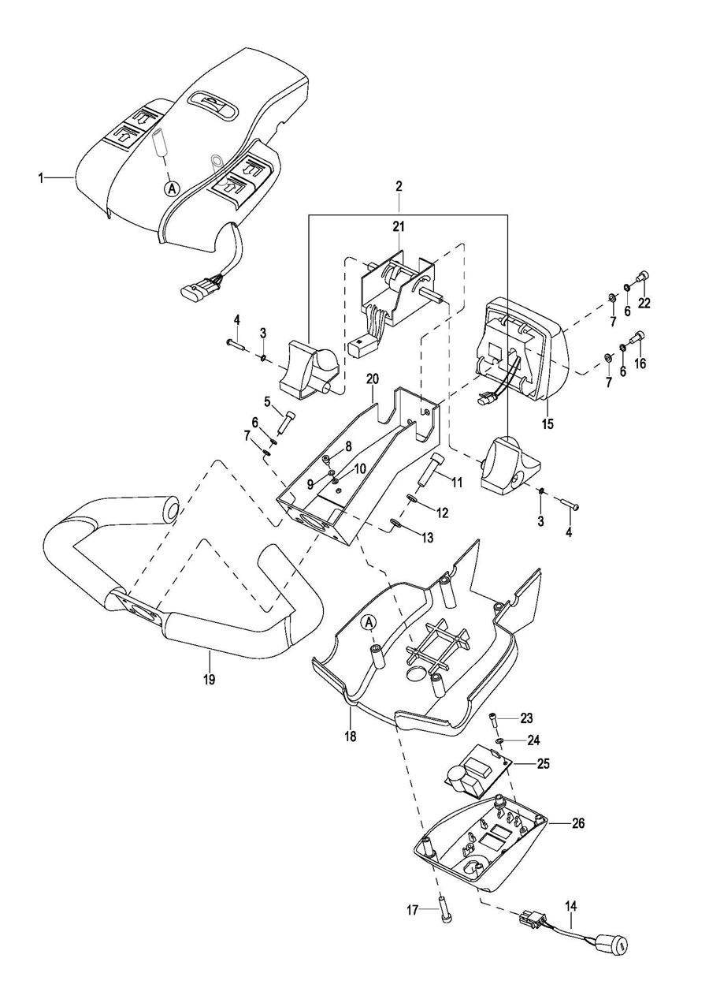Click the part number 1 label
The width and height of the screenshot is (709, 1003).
coord(40,178)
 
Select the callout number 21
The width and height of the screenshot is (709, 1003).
coord(399,227)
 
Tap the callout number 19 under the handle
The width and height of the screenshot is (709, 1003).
coord(209,677)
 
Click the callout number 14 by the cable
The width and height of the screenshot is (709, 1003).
coord(570,908)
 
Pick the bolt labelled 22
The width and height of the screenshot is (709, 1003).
coord(643,278)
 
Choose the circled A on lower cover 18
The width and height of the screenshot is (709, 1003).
coord(368,623)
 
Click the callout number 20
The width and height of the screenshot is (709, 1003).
coord(372,379)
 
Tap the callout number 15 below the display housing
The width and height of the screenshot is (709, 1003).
coord(548,423)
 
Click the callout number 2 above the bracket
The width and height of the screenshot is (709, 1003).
coord(399,187)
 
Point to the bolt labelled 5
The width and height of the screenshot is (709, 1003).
coord(288,419)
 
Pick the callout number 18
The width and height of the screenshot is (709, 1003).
coord(350,736)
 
